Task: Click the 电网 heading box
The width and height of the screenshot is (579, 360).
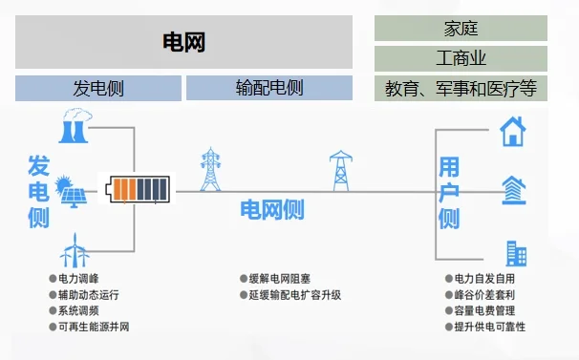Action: (184, 42)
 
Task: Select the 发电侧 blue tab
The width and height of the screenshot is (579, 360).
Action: (98, 89)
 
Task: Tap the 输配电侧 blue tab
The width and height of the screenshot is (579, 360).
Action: (268, 89)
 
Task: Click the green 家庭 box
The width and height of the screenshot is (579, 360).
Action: (461, 28)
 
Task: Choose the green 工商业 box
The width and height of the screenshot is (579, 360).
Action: (461, 58)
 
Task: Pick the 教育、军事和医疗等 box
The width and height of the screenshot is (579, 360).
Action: (461, 89)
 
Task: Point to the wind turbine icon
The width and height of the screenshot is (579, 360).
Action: (74, 250)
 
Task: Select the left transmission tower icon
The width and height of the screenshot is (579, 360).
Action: (210, 170)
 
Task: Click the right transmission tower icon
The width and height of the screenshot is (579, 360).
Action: (339, 170)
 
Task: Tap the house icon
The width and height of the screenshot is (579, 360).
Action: (513, 130)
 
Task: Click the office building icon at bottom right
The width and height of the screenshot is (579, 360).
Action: (516, 252)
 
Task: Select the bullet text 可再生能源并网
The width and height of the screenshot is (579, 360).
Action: (94, 328)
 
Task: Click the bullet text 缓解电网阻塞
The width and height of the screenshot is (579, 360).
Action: (279, 279)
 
